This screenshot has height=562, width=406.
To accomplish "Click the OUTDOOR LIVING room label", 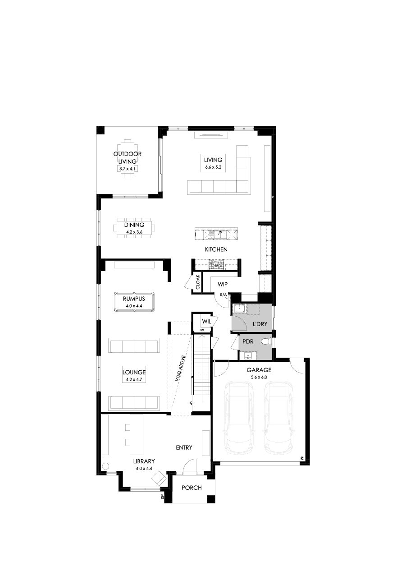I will tap(128, 157).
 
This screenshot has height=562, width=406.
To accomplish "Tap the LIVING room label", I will tap(213, 160).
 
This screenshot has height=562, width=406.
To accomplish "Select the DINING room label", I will tap(134, 225).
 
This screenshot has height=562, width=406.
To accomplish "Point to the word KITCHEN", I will tap(216, 249).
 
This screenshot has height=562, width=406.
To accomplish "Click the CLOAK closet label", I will tap(197, 282).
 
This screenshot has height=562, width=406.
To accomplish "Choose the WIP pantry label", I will tap(222, 284).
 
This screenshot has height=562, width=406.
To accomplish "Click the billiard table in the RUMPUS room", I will tap(134, 300).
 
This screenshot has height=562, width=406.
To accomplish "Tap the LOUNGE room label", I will tap(134, 373).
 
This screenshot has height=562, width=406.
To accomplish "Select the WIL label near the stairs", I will tap(207, 322).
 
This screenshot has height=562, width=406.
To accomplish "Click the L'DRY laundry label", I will tap(260, 323).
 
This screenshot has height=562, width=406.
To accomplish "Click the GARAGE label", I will tap(259, 370).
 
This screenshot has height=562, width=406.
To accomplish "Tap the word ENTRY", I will tap(184, 447).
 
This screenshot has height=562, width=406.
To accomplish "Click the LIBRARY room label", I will tap(144, 461).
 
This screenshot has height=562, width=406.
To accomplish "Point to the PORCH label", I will tap(192, 488).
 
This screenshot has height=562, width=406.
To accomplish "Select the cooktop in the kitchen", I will tap(217, 264).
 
